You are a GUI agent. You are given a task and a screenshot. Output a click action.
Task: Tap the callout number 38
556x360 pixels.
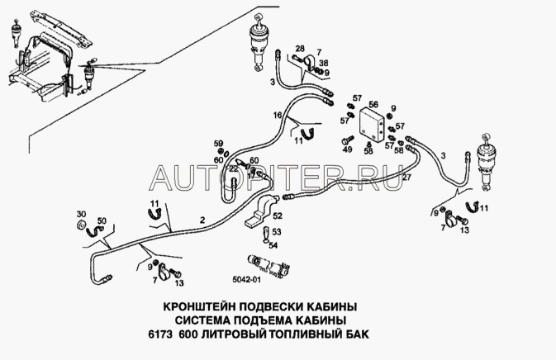(324, 63)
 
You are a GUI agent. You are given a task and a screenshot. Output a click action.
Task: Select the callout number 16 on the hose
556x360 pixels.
(278, 114)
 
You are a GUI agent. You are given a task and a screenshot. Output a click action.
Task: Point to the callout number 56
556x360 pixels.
(373, 104)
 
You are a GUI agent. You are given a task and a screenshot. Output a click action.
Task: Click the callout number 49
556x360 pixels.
(347, 150)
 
